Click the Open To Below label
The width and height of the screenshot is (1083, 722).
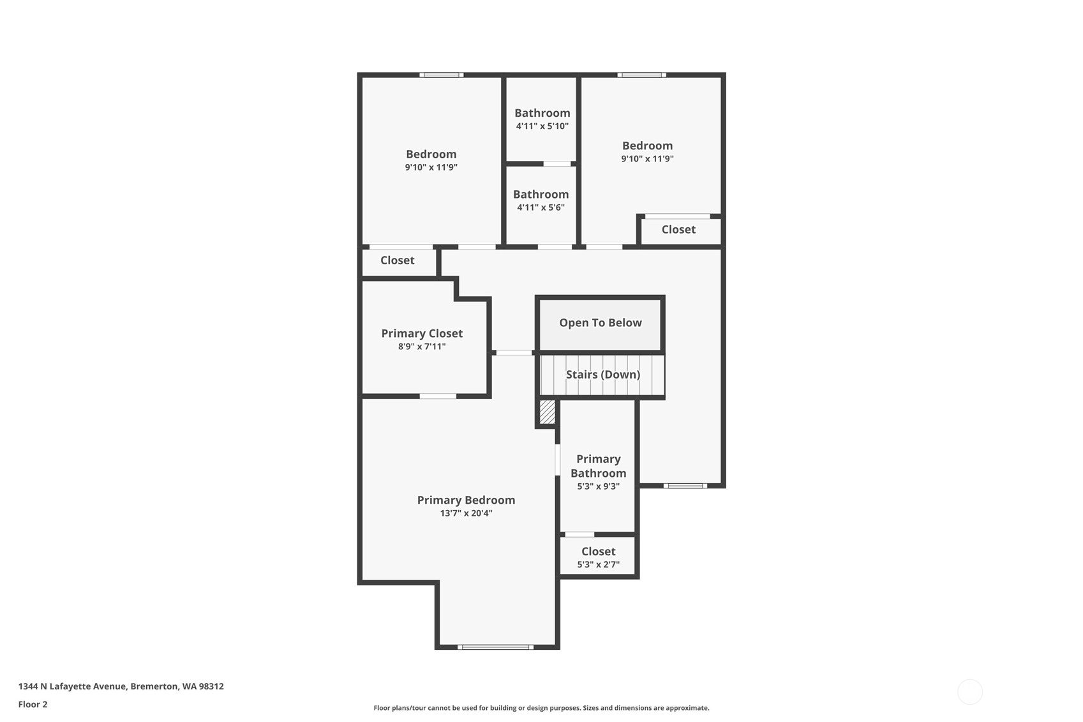(600, 322)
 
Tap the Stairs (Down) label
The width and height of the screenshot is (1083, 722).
(603, 374)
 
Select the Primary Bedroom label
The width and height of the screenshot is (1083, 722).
(466, 500)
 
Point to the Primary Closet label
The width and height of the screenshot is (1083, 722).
(422, 333)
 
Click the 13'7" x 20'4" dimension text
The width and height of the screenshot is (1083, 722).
(466, 513)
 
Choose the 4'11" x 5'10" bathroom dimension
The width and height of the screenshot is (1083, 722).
(542, 126)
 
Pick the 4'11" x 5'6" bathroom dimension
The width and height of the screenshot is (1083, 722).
(541, 207)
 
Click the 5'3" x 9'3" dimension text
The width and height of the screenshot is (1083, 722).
(598, 486)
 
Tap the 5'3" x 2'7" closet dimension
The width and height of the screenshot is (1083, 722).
(598, 564)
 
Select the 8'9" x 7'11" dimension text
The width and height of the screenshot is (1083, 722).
(422, 346)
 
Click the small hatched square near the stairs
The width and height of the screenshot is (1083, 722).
(548, 412)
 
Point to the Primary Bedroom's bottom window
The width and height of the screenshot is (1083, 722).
(496, 647)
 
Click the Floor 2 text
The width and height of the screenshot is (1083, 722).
(33, 704)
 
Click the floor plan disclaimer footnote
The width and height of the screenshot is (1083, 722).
(541, 708)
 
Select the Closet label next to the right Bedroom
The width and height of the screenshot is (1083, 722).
(678, 230)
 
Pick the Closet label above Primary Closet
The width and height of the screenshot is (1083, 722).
(398, 260)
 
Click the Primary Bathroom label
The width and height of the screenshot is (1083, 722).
(598, 466)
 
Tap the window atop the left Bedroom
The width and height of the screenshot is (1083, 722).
(442, 75)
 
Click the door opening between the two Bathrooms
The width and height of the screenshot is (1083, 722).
(557, 164)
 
